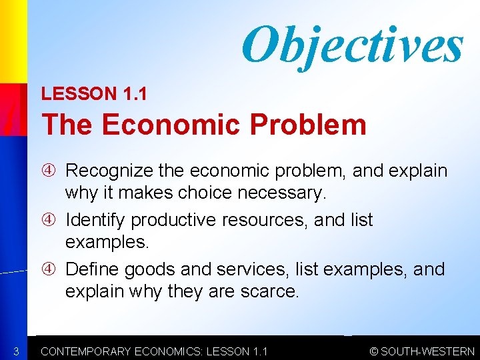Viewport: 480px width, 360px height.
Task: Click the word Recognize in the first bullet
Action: click(109, 171)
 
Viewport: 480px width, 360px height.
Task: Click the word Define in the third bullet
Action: click(92, 269)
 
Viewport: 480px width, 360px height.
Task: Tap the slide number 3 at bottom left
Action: click(15, 351)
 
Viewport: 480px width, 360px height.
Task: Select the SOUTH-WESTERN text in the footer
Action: click(427, 351)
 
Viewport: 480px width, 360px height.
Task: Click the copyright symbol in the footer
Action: click(374, 351)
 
